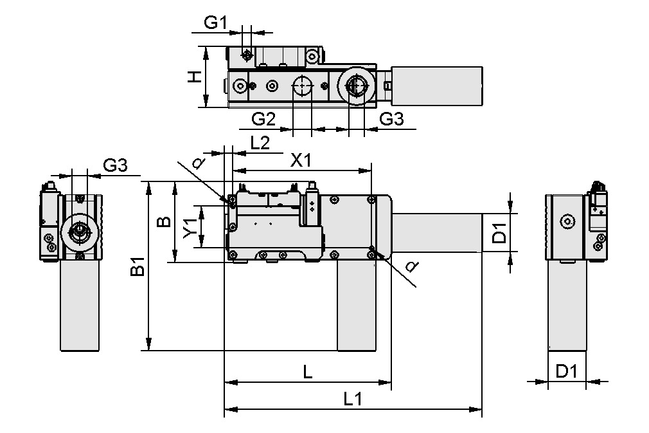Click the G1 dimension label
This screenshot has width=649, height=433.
216,23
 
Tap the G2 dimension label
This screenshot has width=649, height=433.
263,118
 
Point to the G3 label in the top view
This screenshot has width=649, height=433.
391,118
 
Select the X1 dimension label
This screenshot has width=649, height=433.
301,160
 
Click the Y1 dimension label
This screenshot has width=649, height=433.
189,227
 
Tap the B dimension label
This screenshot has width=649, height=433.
164,222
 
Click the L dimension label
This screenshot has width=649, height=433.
308,372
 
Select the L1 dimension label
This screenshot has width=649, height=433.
353,399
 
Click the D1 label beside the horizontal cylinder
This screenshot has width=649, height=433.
500,233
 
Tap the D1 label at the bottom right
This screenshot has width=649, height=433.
567,372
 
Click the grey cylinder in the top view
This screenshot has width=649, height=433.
438,86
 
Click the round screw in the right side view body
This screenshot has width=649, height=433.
566,221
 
